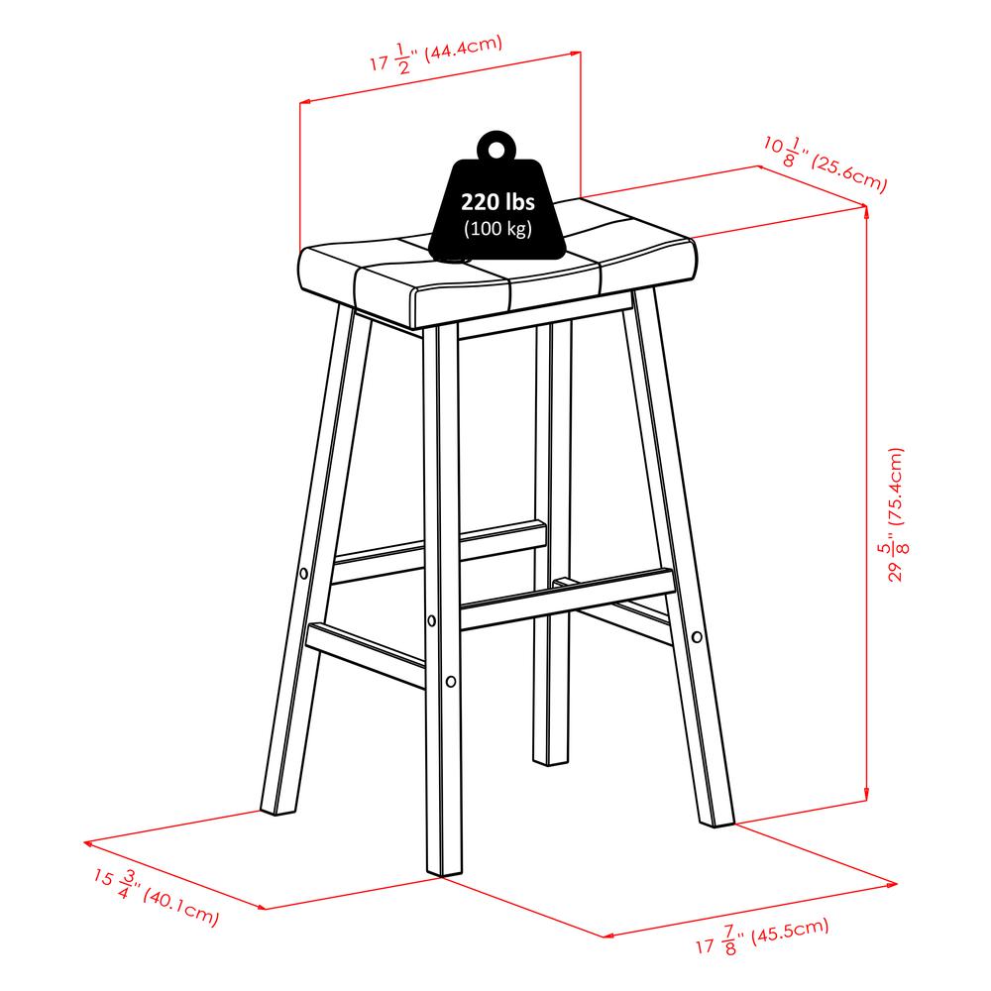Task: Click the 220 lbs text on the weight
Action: [x=497, y=202]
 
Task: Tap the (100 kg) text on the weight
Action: [x=497, y=228]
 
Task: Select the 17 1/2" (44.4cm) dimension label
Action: [x=436, y=55]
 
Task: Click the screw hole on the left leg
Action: [x=303, y=574]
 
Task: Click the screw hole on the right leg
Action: [x=697, y=636]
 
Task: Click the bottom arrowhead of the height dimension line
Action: [x=865, y=796]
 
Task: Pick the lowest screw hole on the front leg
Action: [x=451, y=682]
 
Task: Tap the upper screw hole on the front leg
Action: [x=432, y=620]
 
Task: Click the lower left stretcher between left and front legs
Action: [x=366, y=655]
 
